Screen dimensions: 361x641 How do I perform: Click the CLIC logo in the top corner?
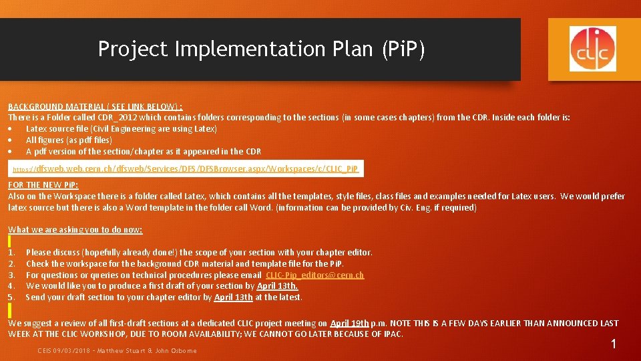tap(592, 45)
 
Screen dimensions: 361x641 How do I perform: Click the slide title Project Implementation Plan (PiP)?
tap(261, 49)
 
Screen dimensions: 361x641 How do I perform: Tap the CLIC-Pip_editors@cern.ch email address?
tap(315, 275)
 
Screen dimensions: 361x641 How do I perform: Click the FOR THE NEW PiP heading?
tap(43, 185)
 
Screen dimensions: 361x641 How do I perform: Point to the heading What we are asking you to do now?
tap(75, 229)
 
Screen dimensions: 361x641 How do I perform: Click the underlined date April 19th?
tap(349, 324)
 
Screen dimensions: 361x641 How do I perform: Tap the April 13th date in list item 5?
tap(234, 297)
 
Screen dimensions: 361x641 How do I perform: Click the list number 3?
tap(11, 275)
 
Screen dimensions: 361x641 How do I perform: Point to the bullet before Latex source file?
tap(11, 129)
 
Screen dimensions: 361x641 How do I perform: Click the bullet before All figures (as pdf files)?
tap(11, 140)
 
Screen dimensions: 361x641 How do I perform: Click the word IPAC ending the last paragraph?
tap(393, 334)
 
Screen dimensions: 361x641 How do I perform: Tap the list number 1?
tap(11, 253)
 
